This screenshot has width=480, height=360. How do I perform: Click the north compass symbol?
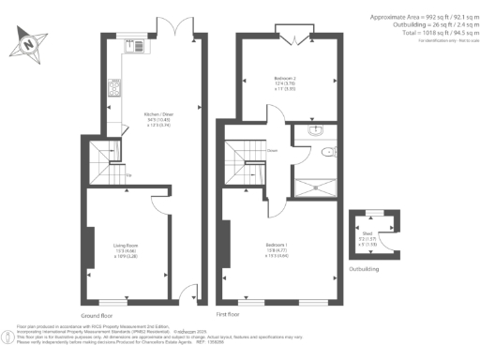[30, 42]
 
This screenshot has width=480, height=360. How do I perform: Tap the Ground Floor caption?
[97, 315]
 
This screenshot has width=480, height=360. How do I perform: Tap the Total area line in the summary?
[432, 32]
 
